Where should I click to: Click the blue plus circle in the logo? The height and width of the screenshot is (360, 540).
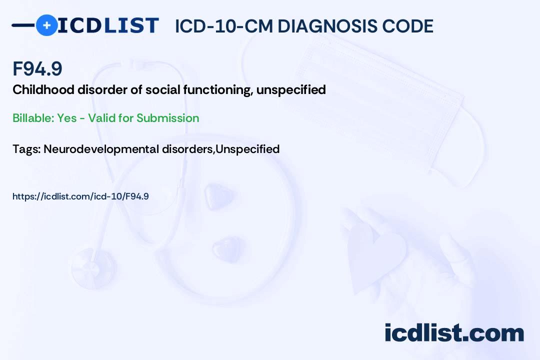tap(46, 25)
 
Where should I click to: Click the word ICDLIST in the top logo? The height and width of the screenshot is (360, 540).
tap(108, 25)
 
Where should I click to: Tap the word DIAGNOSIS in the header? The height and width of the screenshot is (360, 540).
tap(327, 26)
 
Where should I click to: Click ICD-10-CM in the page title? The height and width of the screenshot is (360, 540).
tap(224, 26)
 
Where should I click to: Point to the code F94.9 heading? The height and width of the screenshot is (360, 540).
tap(37, 68)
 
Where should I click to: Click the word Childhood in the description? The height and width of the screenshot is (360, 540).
tap(43, 89)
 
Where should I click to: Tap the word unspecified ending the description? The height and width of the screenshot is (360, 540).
tap(291, 90)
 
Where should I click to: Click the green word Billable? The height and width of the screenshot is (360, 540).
tap(33, 118)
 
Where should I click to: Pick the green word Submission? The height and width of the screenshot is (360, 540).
tap(167, 118)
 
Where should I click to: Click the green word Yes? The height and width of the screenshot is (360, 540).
tap(67, 118)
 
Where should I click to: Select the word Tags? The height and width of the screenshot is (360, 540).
tap(26, 149)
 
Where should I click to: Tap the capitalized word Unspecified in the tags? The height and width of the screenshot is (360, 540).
tap(247, 149)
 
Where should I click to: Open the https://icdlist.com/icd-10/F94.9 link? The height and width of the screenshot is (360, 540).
tap(80, 196)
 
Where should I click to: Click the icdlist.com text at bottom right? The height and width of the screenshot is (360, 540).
tap(454, 332)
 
